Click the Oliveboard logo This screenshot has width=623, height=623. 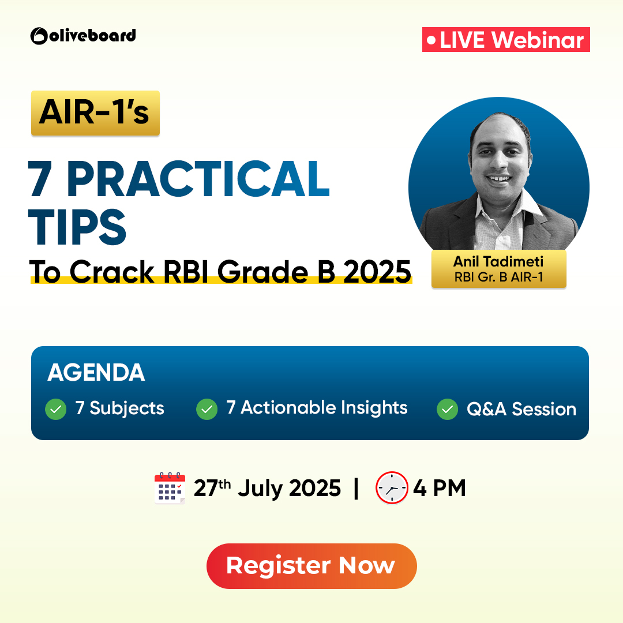point(83,36)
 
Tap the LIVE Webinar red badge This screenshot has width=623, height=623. point(506,39)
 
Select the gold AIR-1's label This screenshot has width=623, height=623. point(95,113)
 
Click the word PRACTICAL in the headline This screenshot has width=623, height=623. point(198,179)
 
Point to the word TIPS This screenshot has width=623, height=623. point(77,227)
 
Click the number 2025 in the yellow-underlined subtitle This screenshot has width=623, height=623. point(377,272)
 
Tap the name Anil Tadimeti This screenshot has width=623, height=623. point(498,261)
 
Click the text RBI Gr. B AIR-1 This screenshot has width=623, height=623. point(498,277)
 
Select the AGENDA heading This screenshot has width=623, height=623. point(96,372)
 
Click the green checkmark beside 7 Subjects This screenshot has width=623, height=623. point(55,409)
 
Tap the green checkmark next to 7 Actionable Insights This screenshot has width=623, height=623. point(207,409)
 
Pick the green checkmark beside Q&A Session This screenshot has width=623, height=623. point(448,409)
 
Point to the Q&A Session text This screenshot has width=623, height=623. point(521,409)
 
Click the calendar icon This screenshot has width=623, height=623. point(170,488)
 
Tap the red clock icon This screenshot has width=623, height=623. point(392,487)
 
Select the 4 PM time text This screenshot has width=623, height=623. point(440,488)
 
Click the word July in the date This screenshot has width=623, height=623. point(260,489)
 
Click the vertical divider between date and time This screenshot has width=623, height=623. point(356,489)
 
